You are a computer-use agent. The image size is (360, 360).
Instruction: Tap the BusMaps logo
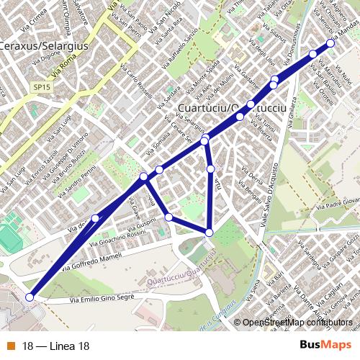coord(320,346)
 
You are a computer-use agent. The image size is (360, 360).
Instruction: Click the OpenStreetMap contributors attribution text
coord(295,323)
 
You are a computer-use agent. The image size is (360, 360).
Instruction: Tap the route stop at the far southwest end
coord(30,297)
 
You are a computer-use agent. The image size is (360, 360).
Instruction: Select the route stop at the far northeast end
coord(330,43)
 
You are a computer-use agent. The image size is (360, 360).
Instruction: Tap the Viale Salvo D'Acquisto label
coord(274,194)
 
